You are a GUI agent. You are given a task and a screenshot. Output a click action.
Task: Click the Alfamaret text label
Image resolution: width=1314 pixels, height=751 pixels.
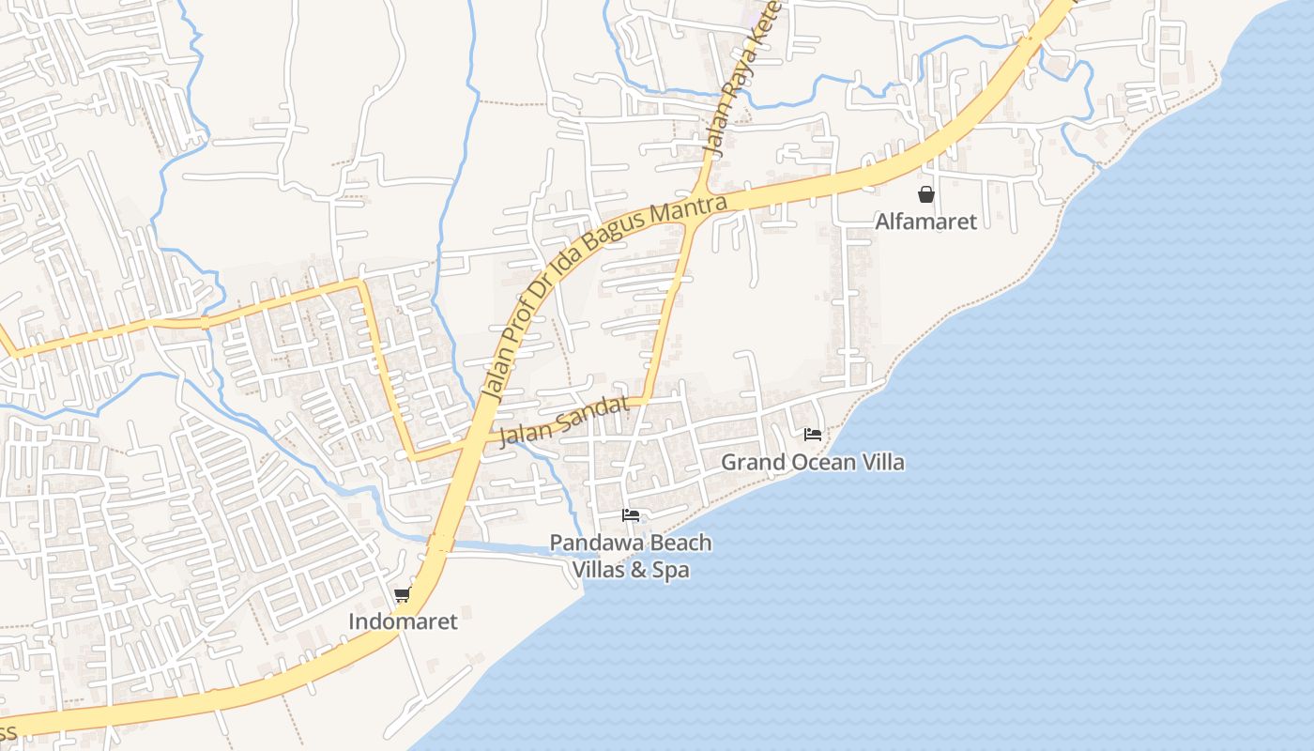click(x=925, y=222)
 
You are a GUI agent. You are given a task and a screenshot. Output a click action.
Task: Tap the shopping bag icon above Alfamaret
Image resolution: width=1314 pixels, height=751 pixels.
click(x=926, y=194)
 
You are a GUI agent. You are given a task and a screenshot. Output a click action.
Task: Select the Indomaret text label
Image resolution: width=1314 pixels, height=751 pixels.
click(x=403, y=621)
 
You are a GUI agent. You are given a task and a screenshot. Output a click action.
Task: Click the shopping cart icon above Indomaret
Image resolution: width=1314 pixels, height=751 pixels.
click(x=403, y=594)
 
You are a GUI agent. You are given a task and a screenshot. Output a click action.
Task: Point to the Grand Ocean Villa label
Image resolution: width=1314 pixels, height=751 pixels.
click(x=813, y=462)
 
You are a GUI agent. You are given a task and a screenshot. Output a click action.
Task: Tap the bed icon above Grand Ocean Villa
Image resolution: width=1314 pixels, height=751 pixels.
click(x=813, y=434)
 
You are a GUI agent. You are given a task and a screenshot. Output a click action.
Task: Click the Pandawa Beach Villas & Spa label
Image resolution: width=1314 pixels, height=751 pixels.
click(x=631, y=556)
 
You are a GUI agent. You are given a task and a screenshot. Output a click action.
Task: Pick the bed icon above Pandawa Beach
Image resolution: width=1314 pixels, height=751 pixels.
click(x=631, y=514)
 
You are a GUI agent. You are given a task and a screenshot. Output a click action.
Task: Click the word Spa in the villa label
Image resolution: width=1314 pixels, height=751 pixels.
click(x=671, y=570)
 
